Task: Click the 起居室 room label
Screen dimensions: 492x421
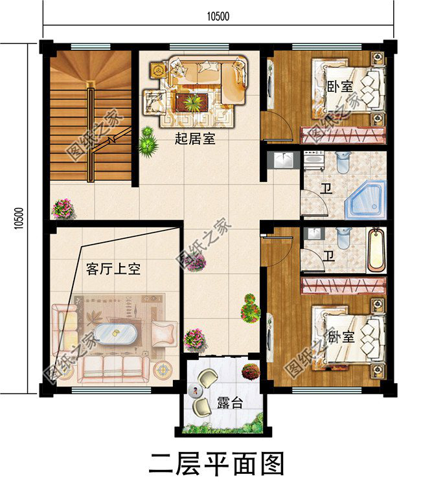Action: click(195, 139)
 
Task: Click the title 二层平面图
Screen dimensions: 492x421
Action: click(216, 464)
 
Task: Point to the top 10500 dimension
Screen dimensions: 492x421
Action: click(218, 16)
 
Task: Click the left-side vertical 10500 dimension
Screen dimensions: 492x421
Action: click(18, 218)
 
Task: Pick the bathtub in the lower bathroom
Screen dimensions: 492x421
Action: click(376, 251)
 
